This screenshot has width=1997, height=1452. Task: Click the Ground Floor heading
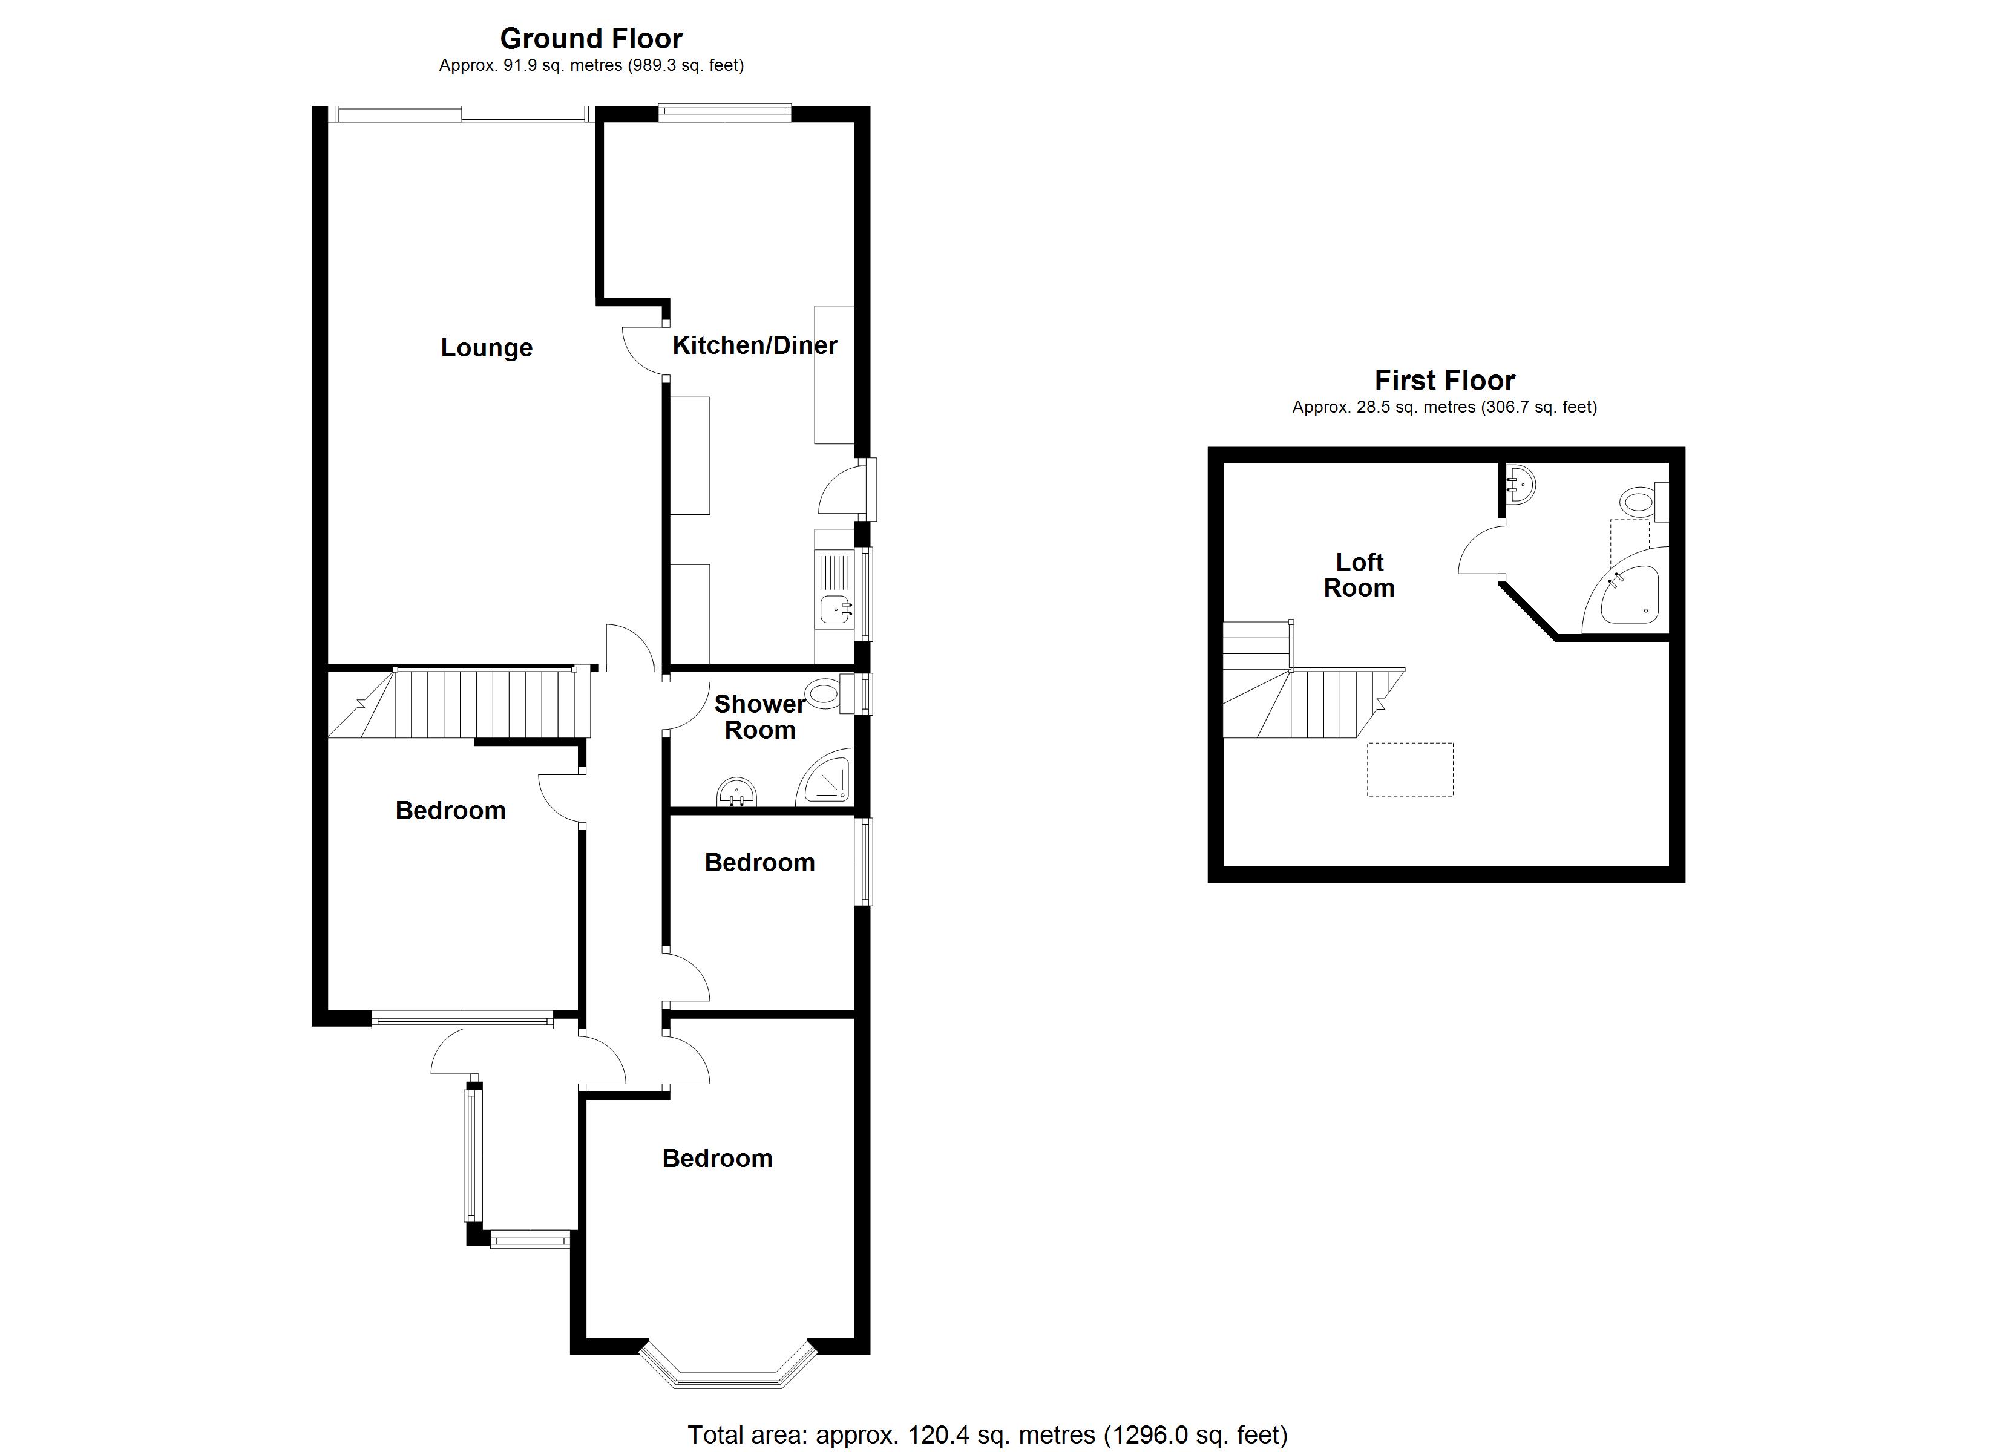591,39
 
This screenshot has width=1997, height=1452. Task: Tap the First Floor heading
1444,381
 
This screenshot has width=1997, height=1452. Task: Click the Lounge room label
486,348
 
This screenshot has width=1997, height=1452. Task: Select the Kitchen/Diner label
755,345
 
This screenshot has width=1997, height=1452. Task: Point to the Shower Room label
759,717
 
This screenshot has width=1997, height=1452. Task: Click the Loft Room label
1359,575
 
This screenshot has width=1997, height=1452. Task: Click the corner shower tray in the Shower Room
828,779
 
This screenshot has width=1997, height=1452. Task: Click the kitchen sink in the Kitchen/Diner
834,607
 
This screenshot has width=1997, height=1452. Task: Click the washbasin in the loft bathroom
1521,483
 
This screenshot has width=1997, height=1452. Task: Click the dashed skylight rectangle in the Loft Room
1409,770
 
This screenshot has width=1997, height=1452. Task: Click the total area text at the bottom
987,1435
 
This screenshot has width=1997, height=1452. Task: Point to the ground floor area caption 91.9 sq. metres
591,65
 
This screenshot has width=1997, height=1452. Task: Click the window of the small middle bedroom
867,861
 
